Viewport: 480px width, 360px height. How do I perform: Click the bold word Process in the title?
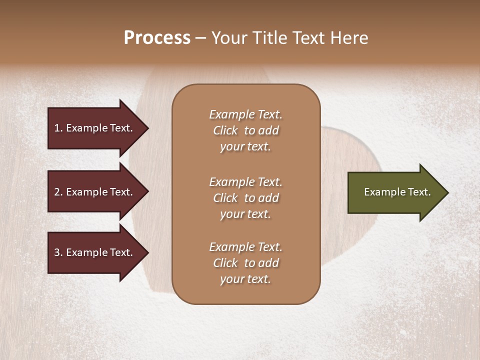tap(157, 38)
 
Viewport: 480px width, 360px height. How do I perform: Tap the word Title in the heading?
tap(270, 38)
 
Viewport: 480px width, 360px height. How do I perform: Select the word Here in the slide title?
tap(349, 38)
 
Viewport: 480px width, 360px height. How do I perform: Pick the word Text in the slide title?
tap(310, 38)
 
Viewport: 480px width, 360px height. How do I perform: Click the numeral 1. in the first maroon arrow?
tap(58, 128)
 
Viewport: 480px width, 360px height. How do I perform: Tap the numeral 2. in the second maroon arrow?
tap(58, 192)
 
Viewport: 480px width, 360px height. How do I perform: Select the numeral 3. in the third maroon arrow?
tap(58, 253)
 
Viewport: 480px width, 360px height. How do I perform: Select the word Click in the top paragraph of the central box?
tap(225, 131)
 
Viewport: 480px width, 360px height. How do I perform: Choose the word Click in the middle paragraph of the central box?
tap(225, 198)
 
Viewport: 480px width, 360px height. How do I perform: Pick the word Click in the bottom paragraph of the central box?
tap(225, 263)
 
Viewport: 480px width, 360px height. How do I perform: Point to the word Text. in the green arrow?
tap(419, 192)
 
